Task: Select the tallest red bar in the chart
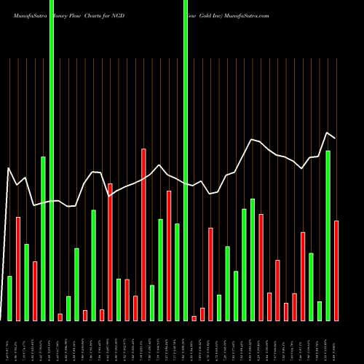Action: [144, 234]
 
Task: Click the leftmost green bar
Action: [9, 298]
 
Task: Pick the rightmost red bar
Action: [336, 270]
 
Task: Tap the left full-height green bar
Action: [52, 160]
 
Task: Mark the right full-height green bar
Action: [186, 160]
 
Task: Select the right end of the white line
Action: [335, 138]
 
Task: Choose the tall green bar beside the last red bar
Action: [328, 235]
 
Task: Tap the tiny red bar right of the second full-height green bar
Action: [194, 318]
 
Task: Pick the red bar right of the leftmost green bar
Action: [18, 269]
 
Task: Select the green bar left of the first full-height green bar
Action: [43, 238]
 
